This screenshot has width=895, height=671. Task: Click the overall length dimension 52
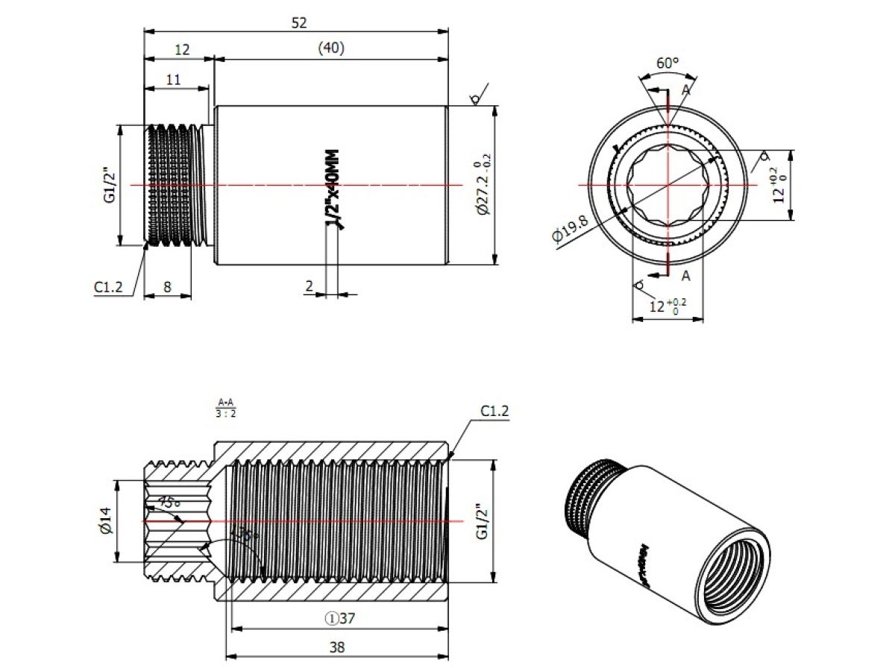tap(299, 23)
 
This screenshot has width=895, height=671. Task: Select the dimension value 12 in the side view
tap(182, 50)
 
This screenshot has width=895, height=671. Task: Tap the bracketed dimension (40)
tap(330, 48)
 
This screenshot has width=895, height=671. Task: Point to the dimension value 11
tap(173, 79)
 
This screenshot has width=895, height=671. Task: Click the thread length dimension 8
tap(167, 286)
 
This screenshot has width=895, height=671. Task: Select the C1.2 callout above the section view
tap(494, 411)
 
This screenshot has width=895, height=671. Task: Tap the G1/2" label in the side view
tap(110, 184)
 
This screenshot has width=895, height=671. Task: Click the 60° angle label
tap(667, 63)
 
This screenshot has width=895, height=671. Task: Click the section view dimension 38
tap(337, 647)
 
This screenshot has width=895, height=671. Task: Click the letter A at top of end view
tap(685, 90)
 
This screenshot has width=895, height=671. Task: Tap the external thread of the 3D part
tap(589, 496)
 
